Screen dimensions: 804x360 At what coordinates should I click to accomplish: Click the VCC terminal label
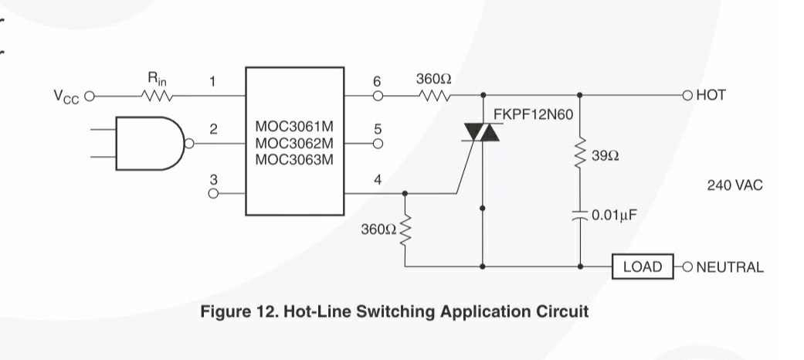[x=66, y=96]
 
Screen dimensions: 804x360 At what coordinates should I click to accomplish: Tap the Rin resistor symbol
[x=158, y=95]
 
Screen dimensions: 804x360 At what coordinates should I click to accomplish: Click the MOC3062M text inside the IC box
[x=294, y=143]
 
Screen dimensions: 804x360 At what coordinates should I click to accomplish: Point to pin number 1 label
[x=213, y=81]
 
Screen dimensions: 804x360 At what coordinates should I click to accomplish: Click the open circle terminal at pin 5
[x=378, y=144]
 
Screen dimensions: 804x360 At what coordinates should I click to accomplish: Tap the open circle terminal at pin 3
[x=213, y=193]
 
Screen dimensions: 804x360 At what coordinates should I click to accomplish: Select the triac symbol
[x=481, y=132]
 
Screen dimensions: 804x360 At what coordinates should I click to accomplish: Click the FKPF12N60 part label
[x=533, y=114]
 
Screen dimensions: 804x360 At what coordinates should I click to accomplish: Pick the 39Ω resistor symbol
[x=580, y=152]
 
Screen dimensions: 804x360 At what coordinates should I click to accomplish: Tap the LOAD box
[x=643, y=267]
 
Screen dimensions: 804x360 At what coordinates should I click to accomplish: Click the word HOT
[x=711, y=95]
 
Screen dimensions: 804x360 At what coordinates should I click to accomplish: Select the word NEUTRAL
[x=730, y=267]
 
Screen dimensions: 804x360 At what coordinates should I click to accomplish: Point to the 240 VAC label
[x=734, y=185]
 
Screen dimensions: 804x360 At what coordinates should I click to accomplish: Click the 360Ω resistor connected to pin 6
[x=435, y=95]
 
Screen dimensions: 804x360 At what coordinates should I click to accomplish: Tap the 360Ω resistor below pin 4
[x=405, y=229]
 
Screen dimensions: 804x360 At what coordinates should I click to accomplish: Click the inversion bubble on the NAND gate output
[x=189, y=144]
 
